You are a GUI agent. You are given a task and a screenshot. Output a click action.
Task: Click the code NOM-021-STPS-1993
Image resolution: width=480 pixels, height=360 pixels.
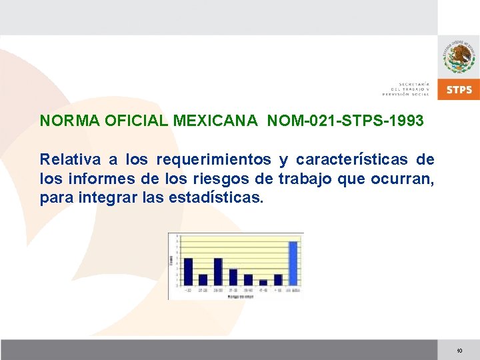tap(345, 121)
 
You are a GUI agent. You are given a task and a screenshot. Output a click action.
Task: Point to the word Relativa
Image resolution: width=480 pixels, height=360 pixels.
tap(71, 159)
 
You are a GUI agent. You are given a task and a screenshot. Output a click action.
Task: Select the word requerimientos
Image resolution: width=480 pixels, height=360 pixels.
tap(213, 159)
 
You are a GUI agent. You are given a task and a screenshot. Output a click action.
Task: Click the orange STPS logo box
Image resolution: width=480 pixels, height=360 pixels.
tap(459, 89)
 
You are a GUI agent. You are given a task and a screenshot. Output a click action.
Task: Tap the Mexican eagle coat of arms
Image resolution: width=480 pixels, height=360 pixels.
tap(459, 56)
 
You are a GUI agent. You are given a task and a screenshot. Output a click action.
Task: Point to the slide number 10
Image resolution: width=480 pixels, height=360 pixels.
tap(459, 351)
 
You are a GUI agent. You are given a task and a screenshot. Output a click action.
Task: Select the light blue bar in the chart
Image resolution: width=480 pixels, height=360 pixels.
tap(293, 263)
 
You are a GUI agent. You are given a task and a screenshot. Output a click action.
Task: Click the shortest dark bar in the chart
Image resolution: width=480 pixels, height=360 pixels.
tap(263, 282)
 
